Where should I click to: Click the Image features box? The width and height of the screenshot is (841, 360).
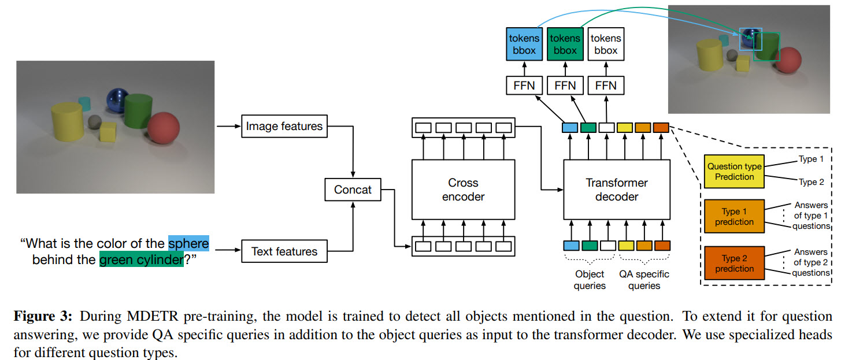pos(284,125)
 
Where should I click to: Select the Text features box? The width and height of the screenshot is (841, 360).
pos(284,251)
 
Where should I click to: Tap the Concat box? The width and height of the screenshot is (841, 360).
pos(353,190)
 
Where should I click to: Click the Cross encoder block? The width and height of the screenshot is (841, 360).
pos(463,190)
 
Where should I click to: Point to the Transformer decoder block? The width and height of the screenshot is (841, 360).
pos(616,190)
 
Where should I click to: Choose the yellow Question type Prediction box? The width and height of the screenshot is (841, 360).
pos(734,172)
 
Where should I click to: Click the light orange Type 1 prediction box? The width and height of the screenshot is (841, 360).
pos(734,217)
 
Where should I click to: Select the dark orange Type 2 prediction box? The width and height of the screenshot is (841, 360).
pos(734,263)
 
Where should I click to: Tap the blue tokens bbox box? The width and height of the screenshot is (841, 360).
pos(524,44)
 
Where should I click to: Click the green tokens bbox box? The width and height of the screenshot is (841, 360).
pos(564,44)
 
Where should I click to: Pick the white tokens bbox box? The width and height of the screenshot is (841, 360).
pos(605,44)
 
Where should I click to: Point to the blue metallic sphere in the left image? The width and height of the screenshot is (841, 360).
pos(118,99)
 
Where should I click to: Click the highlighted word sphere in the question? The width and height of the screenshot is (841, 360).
pos(188,243)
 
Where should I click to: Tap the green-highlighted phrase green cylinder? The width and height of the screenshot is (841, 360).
pos(141,260)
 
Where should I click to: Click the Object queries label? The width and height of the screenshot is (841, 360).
pos(590,280)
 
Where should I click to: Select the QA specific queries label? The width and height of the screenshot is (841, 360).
pos(644,280)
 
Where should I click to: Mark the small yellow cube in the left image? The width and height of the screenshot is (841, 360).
pos(108,131)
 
